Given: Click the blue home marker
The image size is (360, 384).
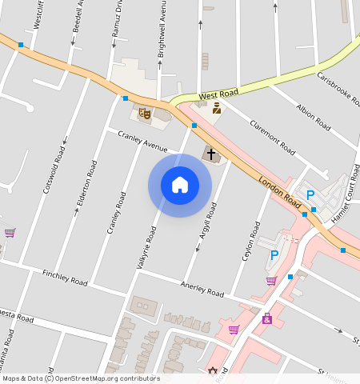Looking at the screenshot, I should (x=180, y=185).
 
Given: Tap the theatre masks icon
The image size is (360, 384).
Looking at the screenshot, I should (x=145, y=114).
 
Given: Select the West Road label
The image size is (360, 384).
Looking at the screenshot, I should (x=218, y=94).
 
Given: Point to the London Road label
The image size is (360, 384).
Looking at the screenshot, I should (x=279, y=195).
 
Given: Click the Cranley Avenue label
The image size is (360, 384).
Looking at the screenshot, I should (x=142, y=142).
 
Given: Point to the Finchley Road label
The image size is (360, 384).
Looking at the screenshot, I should (x=65, y=278).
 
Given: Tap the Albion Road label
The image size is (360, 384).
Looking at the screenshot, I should (x=313, y=117).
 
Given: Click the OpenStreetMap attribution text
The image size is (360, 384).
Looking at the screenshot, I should (x=81, y=378).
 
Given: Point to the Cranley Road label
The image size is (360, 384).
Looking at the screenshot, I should (x=117, y=212).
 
